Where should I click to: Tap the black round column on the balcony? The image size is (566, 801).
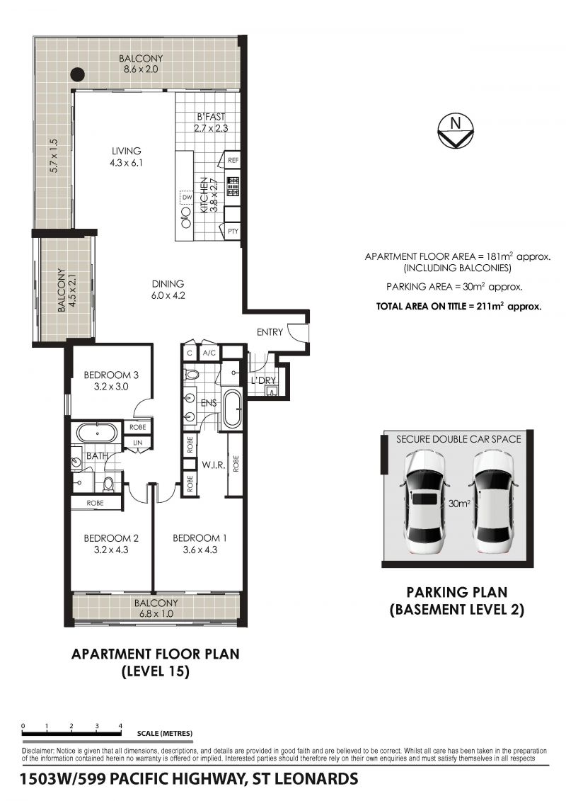[x=76, y=74]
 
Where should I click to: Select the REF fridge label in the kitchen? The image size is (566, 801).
[x=233, y=160]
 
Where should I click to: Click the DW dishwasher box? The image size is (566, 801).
[x=186, y=197]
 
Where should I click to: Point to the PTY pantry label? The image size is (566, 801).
[x=233, y=232]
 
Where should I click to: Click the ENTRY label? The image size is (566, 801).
[x=270, y=332]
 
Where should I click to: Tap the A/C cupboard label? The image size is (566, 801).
[x=209, y=353]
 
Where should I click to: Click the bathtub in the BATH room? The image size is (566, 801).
[x=97, y=433]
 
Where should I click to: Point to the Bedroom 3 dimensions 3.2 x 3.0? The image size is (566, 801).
[x=111, y=387]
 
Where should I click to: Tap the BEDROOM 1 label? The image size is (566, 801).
[x=200, y=538]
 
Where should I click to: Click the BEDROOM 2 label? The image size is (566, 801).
[x=111, y=538]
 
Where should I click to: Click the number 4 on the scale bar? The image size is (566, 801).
[x=120, y=725]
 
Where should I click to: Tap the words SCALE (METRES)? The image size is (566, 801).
[x=165, y=734]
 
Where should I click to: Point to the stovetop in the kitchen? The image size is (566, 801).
[x=233, y=187]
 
